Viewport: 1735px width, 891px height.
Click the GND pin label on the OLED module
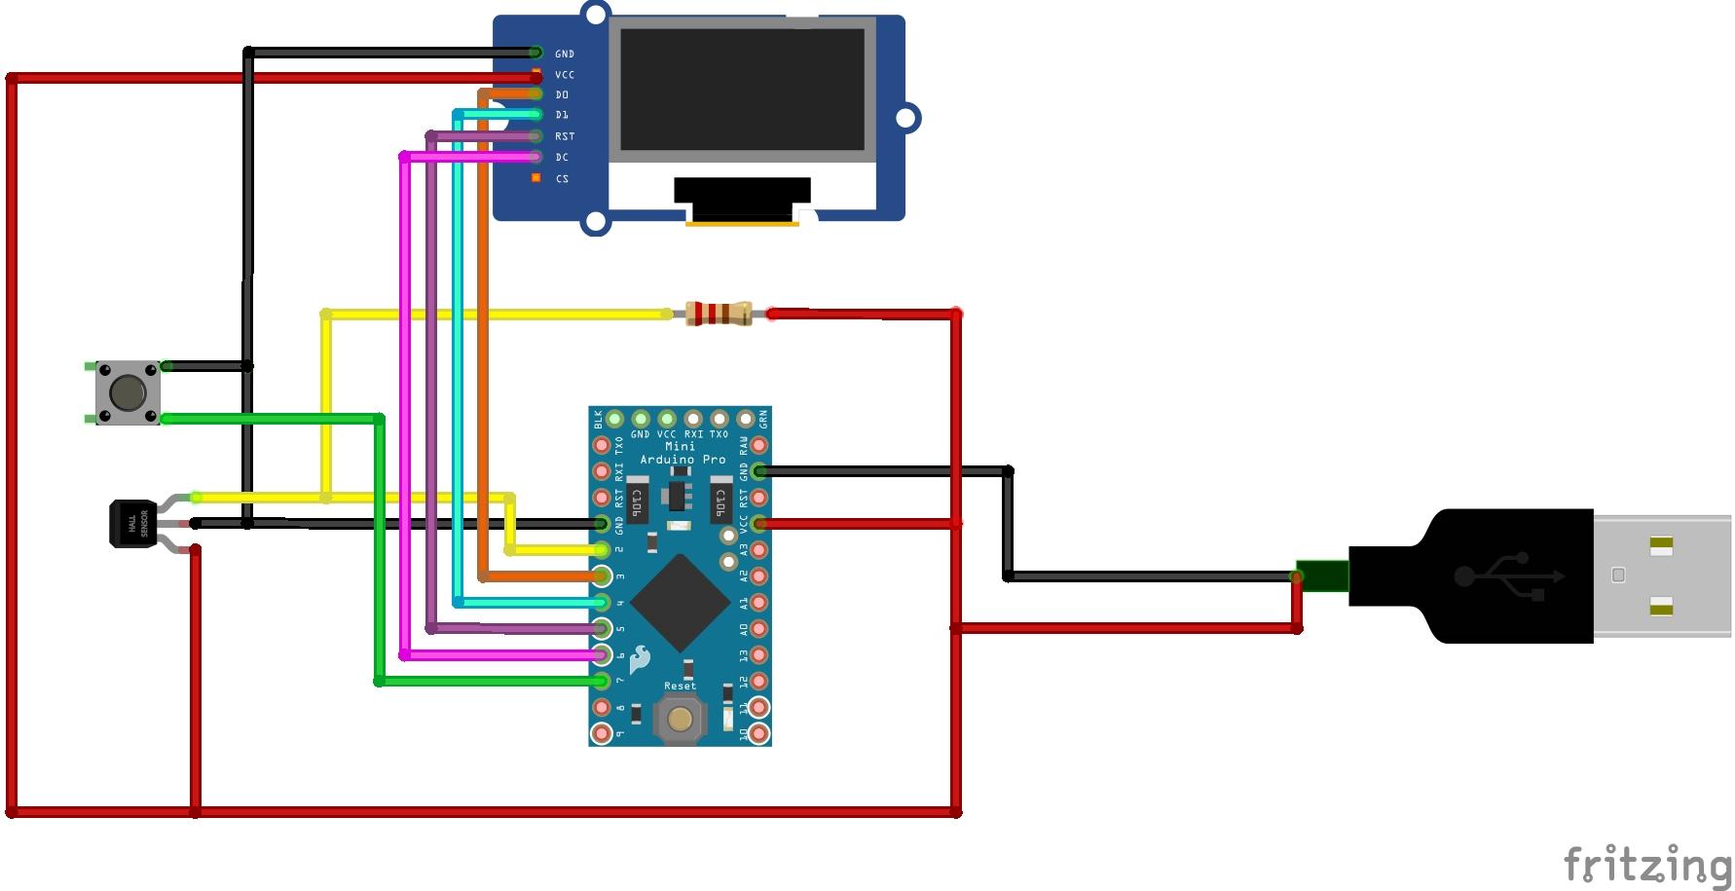click(x=565, y=55)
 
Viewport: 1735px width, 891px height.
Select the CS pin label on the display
click(x=562, y=179)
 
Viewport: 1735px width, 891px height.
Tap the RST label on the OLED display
click(x=565, y=136)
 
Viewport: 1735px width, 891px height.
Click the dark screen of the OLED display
click(x=742, y=89)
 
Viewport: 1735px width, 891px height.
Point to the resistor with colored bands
click(x=719, y=314)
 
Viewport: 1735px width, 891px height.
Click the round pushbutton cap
click(x=128, y=392)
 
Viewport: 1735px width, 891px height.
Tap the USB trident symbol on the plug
click(x=1508, y=576)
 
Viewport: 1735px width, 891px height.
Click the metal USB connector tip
click(x=1663, y=575)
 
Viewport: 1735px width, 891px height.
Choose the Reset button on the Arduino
click(x=680, y=720)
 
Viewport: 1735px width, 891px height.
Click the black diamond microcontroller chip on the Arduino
click(x=681, y=603)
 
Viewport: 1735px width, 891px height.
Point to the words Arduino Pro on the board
click(x=682, y=460)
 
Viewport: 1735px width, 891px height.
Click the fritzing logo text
click(x=1647, y=864)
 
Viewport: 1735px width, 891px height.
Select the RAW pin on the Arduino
click(x=758, y=446)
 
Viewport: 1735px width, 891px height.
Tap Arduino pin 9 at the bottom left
click(x=602, y=732)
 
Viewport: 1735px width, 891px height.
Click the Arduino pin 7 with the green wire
click(x=603, y=681)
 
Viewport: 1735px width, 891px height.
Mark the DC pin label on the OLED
click(x=562, y=158)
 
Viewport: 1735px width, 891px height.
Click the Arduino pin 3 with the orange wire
click(x=603, y=576)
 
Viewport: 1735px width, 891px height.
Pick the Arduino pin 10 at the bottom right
click(x=758, y=732)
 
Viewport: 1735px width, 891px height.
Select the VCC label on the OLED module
click(x=565, y=75)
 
